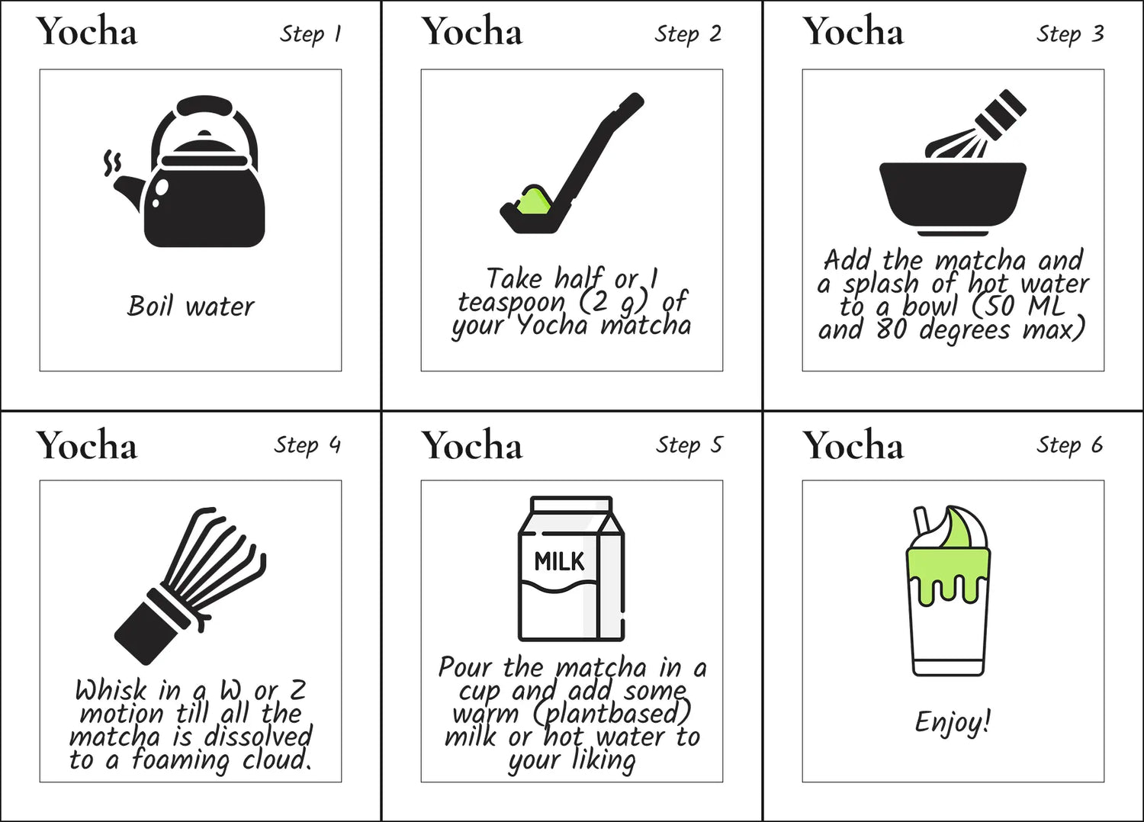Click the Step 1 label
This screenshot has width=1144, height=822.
point(310,35)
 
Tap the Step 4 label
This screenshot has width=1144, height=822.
point(307,445)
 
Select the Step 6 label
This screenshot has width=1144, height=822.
point(1069,445)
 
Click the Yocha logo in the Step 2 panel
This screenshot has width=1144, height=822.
point(472,31)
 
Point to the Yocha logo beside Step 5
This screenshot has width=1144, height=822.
point(472,445)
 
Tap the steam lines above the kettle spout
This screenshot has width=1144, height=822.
point(112,163)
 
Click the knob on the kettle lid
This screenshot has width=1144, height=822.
point(204,133)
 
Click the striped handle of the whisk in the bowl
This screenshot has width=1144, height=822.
point(1000,115)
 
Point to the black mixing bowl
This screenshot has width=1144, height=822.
point(953,197)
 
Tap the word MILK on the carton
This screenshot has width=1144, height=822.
point(559,562)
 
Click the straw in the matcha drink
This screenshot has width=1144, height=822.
point(922,522)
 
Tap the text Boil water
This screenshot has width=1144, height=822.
point(190,307)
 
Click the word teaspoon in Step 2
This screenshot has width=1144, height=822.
point(511,302)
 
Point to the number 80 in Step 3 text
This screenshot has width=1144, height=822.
point(892,330)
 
